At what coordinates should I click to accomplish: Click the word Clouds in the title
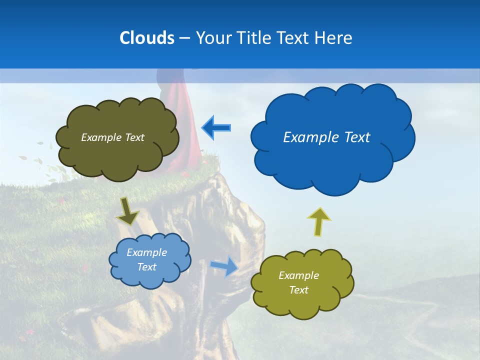(x=146, y=38)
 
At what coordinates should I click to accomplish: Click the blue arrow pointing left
(x=216, y=128)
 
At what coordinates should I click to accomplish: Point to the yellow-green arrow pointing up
(x=319, y=221)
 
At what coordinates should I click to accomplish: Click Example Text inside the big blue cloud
(x=326, y=137)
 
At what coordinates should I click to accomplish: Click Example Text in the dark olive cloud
(x=112, y=137)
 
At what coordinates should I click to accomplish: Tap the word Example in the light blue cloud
(x=146, y=252)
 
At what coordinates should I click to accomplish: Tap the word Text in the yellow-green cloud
(x=298, y=290)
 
